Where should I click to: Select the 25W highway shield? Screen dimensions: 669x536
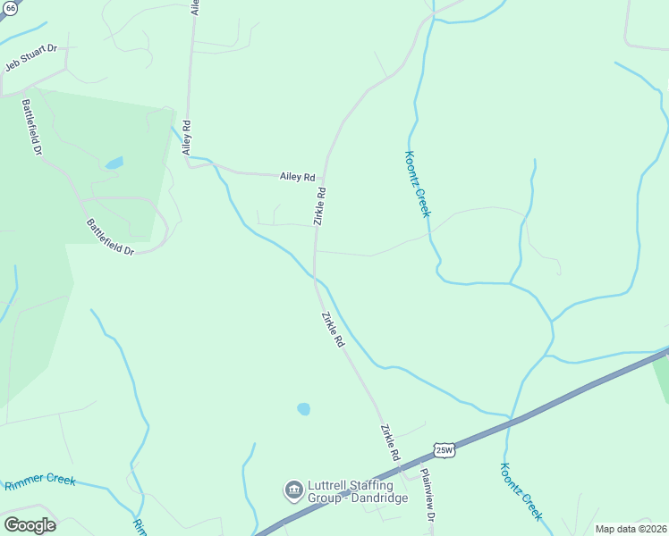[445, 450]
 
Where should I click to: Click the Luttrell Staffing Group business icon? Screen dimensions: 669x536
[292, 490]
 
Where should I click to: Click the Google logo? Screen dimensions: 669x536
[30, 525]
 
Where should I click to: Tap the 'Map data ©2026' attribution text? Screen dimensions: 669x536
[631, 529]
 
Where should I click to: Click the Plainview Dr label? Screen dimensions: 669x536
[428, 497]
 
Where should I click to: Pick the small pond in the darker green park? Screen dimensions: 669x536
[114, 163]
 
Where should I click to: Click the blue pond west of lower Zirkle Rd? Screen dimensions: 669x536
[303, 409]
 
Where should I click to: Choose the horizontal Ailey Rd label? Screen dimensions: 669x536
[298, 177]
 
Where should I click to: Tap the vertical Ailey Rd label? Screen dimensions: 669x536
[187, 138]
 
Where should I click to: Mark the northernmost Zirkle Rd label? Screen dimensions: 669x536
[319, 205]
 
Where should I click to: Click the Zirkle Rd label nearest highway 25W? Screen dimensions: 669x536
[390, 442]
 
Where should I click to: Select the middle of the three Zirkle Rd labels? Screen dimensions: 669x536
[332, 329]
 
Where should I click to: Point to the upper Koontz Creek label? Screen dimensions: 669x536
[417, 183]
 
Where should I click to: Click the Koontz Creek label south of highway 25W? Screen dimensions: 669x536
[522, 491]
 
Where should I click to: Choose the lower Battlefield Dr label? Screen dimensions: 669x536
[109, 237]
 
